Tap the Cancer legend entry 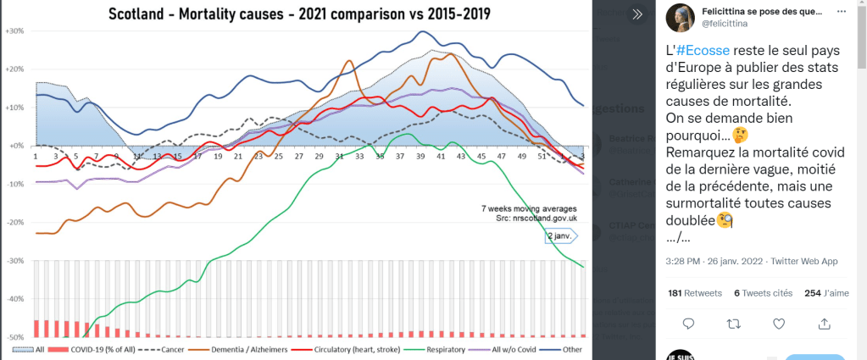point(164,349)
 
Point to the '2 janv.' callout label point(560,235)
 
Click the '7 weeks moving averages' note point(530,208)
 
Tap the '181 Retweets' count point(695,293)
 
